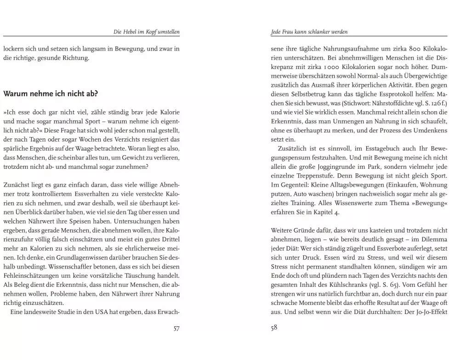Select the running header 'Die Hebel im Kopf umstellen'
point(146,32)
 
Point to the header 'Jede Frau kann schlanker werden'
point(309,32)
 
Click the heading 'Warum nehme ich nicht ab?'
point(51,94)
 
